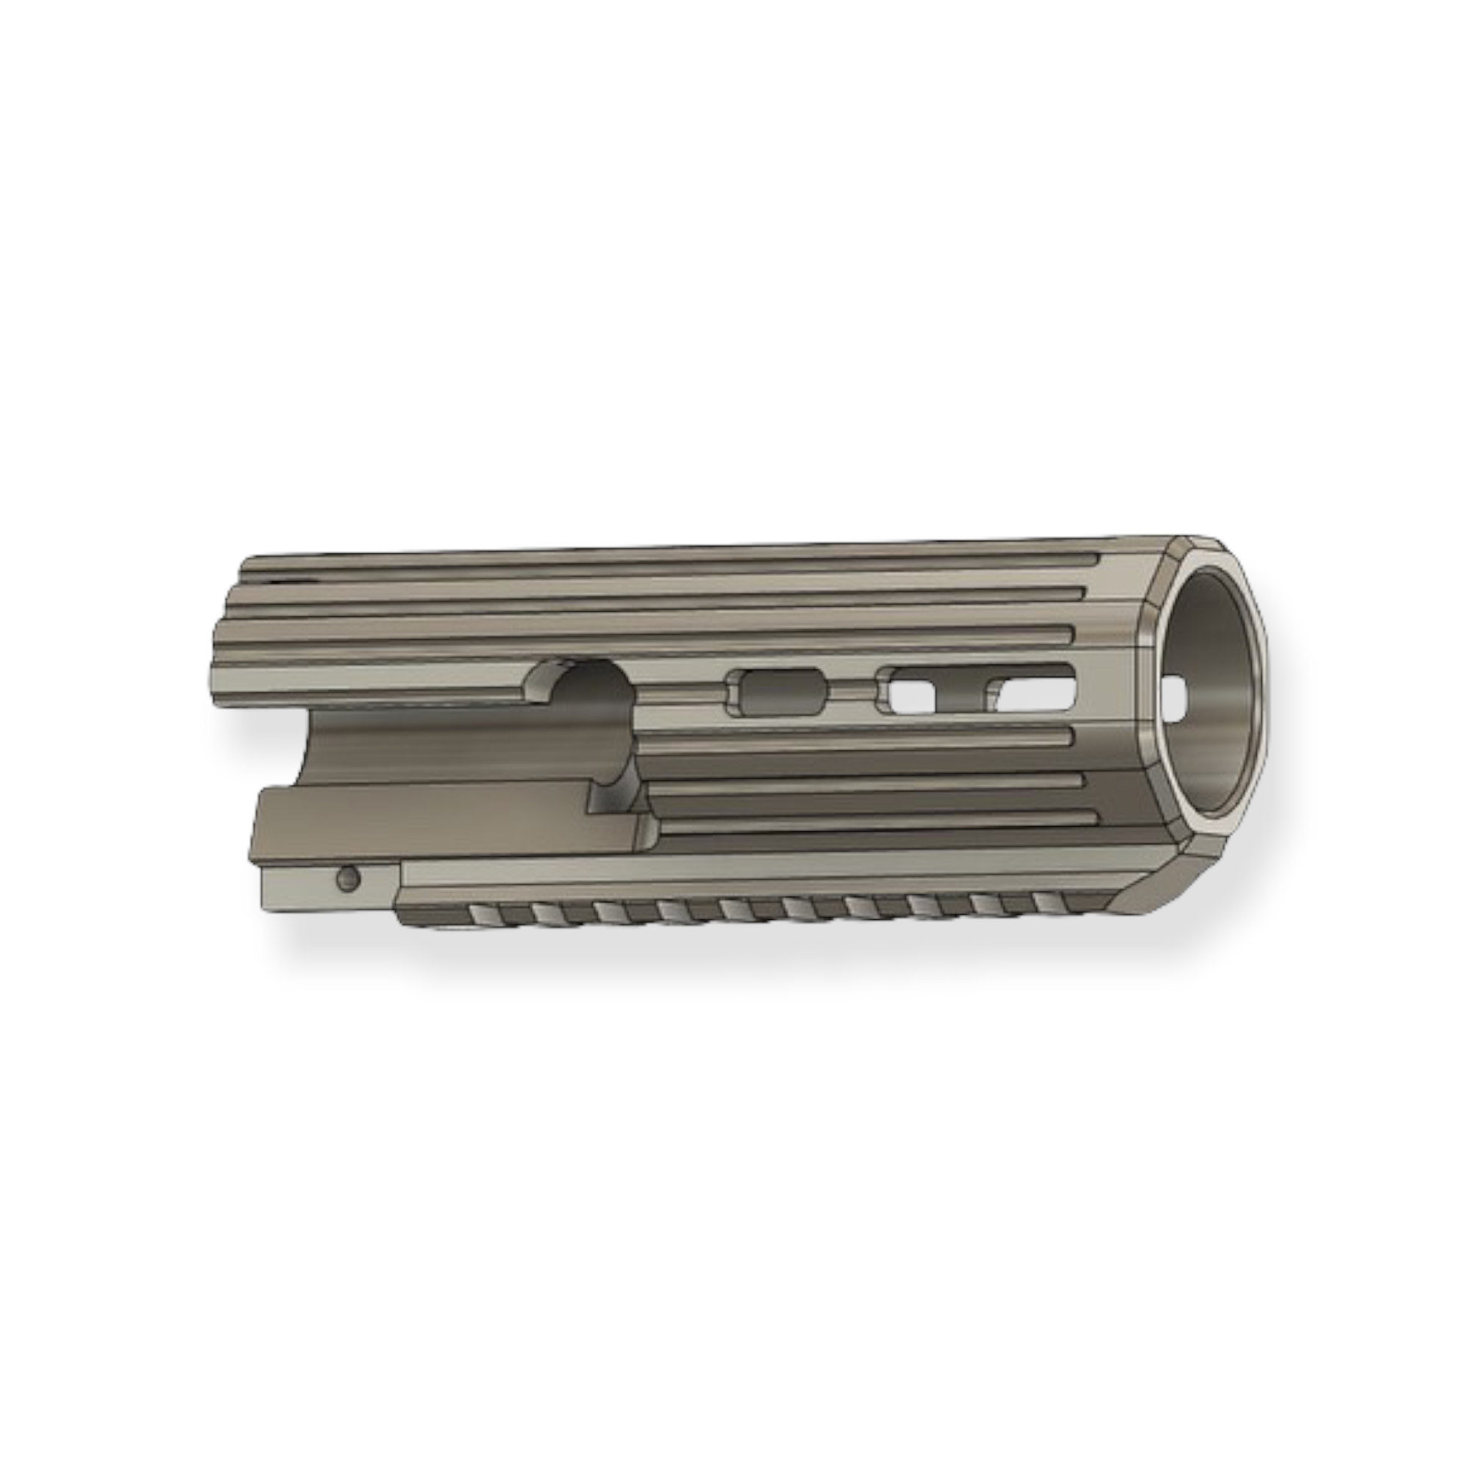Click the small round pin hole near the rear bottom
coord(349,880)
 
